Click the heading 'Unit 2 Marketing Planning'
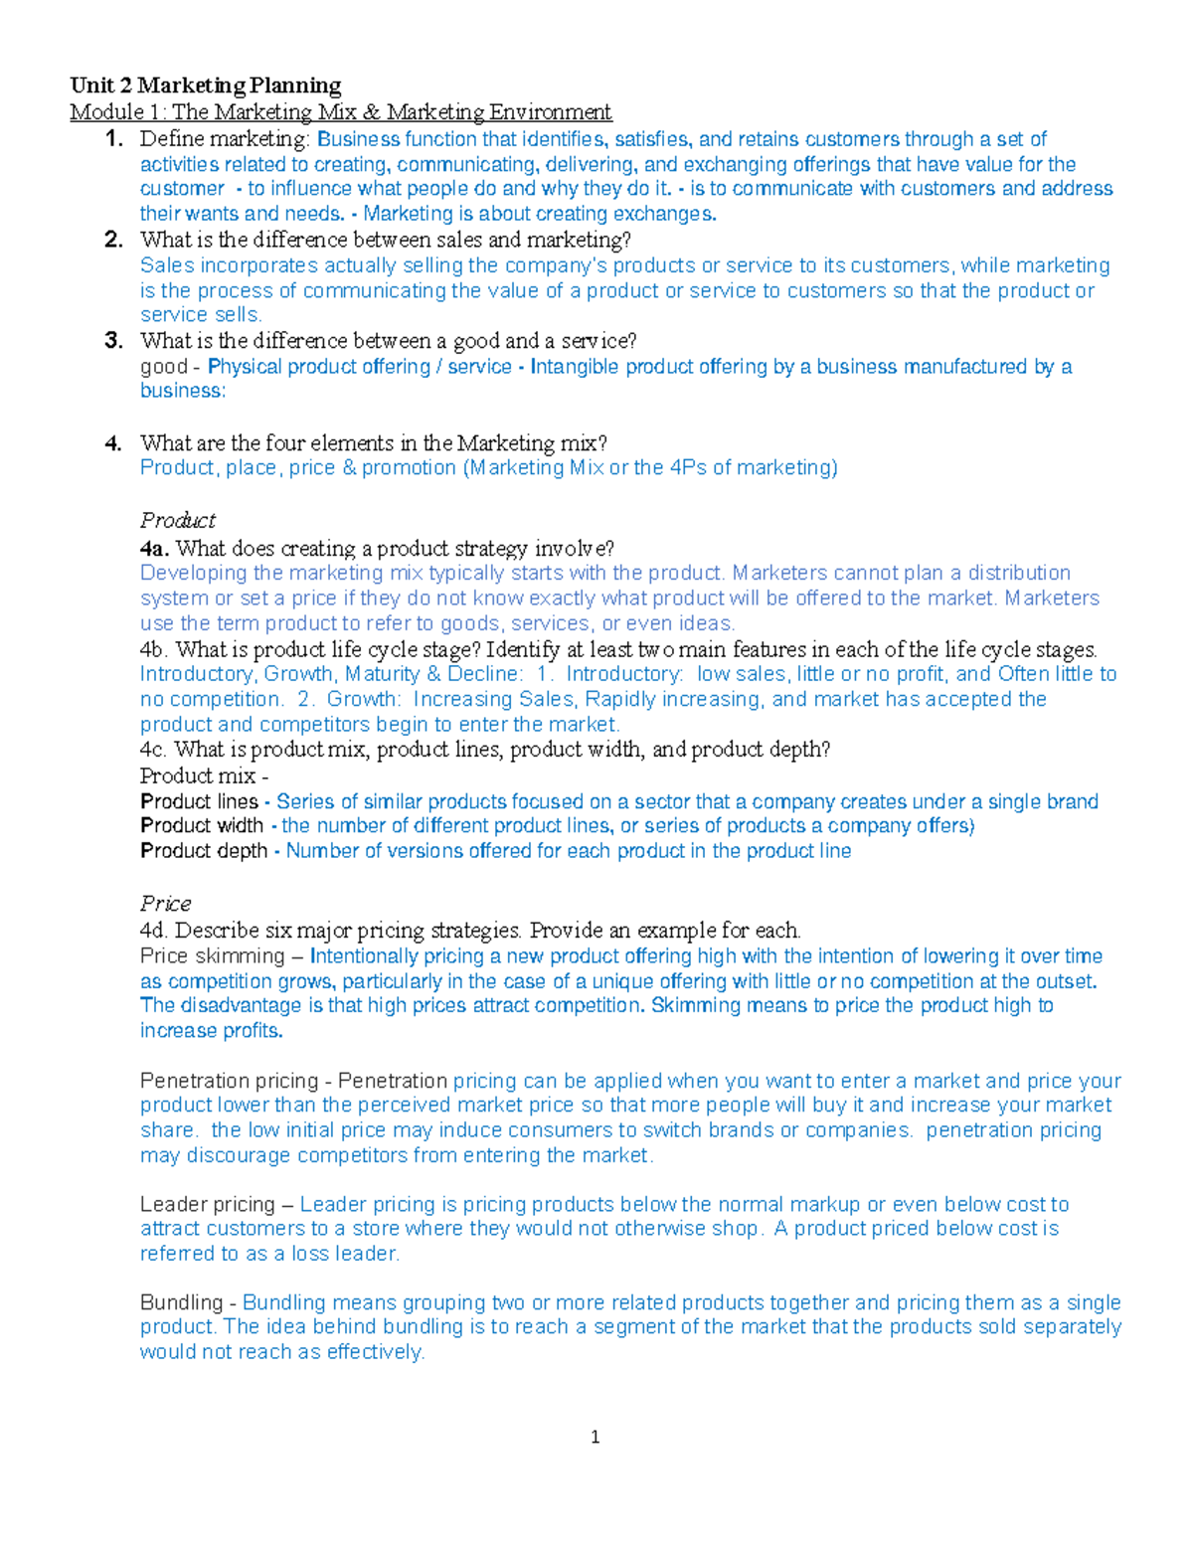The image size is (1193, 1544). tap(205, 86)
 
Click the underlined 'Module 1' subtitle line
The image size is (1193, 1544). tap(340, 112)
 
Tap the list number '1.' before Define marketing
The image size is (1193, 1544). tap(114, 139)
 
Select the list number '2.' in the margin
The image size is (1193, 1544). tap(114, 240)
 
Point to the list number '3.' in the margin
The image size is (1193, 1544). tap(114, 341)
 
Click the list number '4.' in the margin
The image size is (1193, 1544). tap(114, 443)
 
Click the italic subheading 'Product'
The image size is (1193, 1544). tap(177, 520)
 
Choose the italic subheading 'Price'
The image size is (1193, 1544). tap(165, 904)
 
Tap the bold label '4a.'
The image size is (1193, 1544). tap(154, 549)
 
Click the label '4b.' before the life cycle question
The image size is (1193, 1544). tap(154, 650)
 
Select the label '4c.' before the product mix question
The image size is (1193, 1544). tap(154, 750)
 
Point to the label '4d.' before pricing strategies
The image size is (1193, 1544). tap(154, 931)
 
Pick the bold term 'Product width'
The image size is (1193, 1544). tap(202, 826)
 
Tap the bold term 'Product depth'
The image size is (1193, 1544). tap(204, 851)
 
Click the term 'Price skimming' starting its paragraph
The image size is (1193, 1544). tap(212, 956)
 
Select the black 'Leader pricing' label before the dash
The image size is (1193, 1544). tap(207, 1205)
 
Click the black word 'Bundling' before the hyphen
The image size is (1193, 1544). tap(181, 1302)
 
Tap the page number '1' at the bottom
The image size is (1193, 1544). tap(595, 1437)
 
